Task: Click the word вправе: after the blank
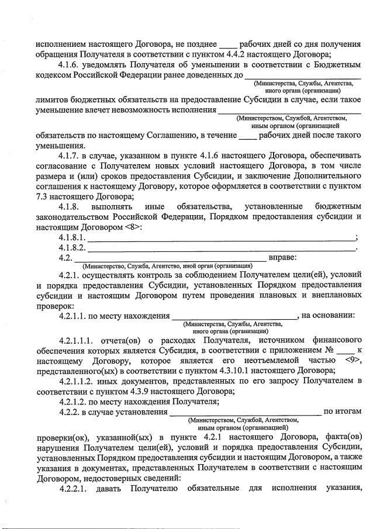(283, 258)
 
